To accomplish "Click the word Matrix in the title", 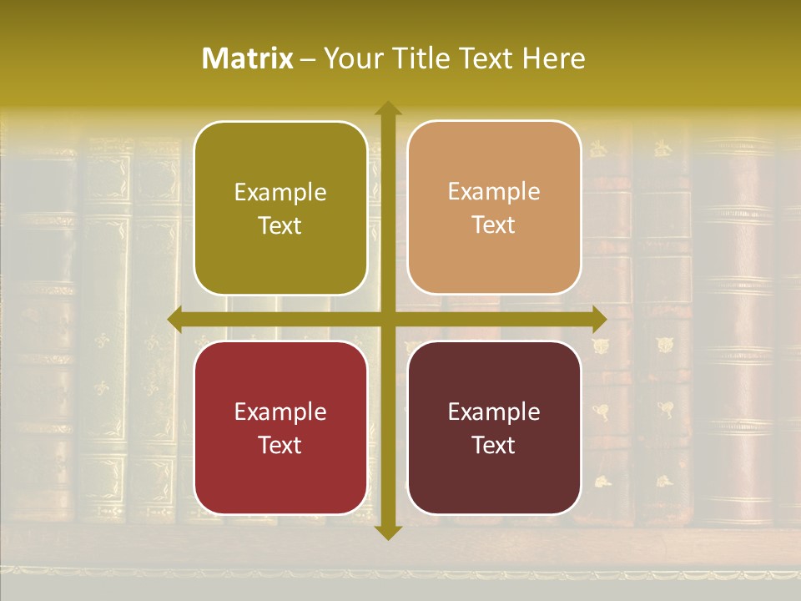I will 248,58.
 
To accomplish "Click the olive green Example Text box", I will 280,209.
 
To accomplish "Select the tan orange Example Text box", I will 494,208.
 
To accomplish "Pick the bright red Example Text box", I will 280,428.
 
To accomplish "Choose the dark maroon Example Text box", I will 494,428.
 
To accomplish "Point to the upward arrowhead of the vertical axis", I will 388,109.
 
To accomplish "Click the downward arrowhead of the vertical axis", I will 388,532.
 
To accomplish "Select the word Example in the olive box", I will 280,193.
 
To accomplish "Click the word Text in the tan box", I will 494,225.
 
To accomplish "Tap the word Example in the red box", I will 280,412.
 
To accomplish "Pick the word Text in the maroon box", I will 494,445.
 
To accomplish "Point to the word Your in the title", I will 351,58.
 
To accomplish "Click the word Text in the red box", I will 280,445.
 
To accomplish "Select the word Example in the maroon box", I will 494,412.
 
